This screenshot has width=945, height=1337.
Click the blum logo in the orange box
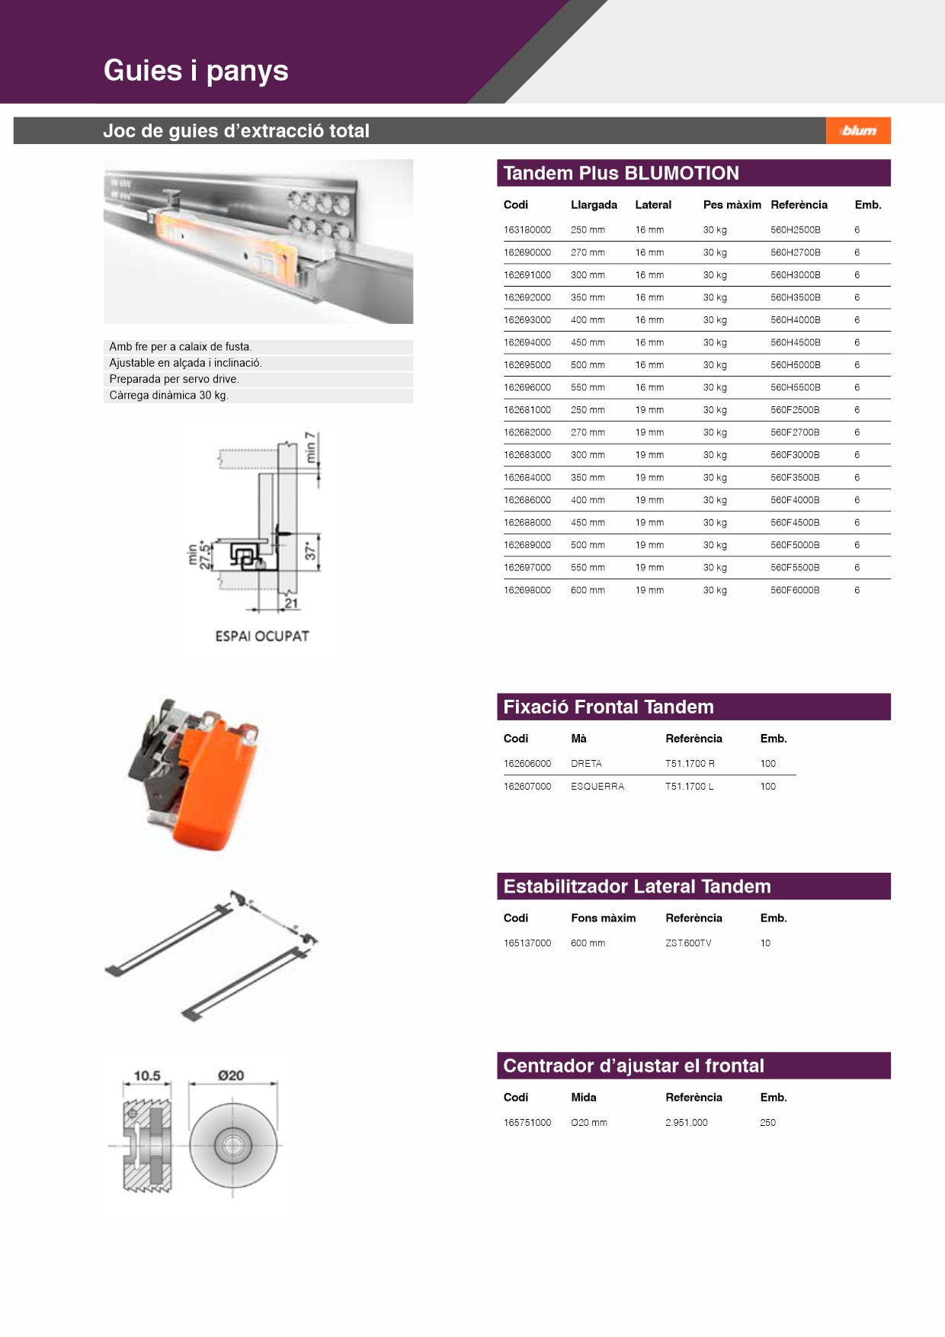[x=859, y=130]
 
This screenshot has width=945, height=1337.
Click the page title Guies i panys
[x=196, y=70]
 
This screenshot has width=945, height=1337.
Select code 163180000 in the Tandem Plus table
[x=527, y=229]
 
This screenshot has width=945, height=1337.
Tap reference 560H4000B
[x=795, y=320]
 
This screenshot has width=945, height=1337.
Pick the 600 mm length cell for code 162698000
[x=588, y=590]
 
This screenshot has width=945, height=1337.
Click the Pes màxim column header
[x=732, y=204]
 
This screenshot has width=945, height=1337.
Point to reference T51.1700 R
[x=690, y=763]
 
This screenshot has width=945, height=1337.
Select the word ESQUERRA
[x=597, y=786]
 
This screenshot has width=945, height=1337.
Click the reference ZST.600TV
[x=688, y=943]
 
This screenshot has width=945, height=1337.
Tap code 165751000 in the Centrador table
[x=527, y=1122]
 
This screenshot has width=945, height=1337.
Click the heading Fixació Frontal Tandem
[x=608, y=707]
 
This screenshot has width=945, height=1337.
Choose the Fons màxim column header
[x=603, y=918]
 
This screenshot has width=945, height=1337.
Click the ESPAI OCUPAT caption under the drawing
[x=261, y=636]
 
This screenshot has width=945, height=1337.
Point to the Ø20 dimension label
[x=230, y=1076]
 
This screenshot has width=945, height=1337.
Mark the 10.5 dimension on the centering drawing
[x=147, y=1076]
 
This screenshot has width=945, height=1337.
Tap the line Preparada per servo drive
[x=174, y=379]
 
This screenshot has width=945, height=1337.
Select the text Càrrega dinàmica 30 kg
[x=168, y=395]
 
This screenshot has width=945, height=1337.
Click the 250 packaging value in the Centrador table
[x=767, y=1122]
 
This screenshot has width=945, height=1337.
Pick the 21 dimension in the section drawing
[x=291, y=603]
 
